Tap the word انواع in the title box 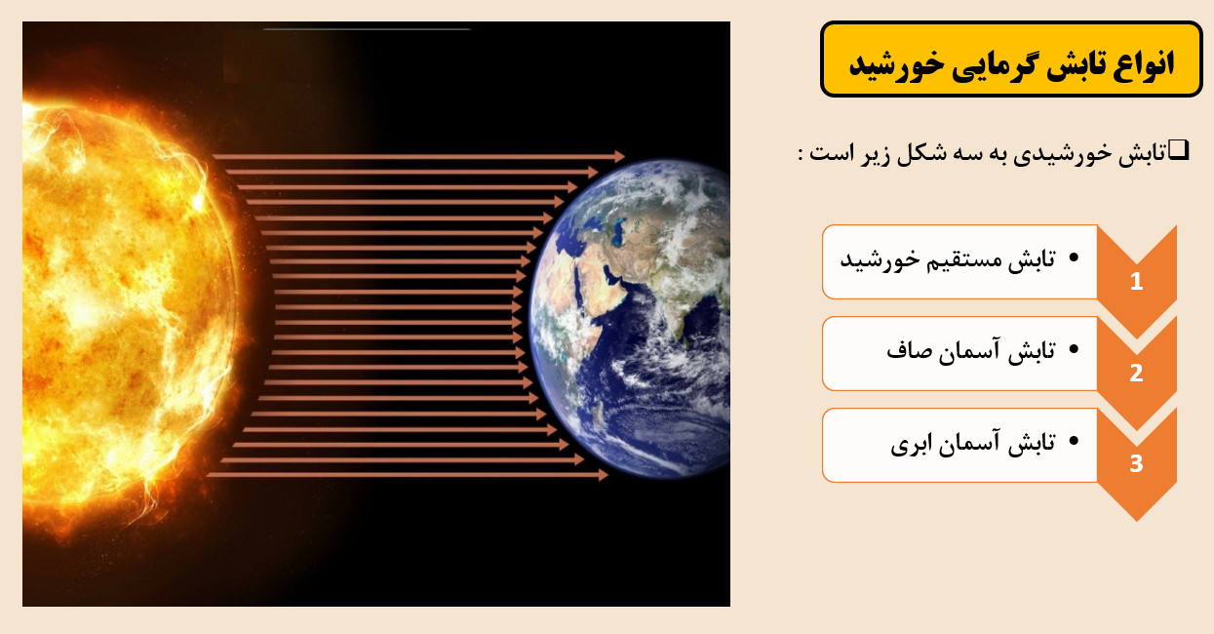tap(1144, 62)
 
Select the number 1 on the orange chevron tap(1137, 281)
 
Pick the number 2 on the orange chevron tap(1137, 373)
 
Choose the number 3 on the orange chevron tap(1137, 463)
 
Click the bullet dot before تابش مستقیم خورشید tap(1074, 258)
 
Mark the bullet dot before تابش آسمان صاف tap(1074, 350)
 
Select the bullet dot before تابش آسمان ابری tap(1074, 441)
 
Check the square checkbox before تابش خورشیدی tap(1178, 149)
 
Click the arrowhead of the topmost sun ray tap(619, 157)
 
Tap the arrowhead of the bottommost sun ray tap(603, 475)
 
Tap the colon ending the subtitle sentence tap(801, 154)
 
